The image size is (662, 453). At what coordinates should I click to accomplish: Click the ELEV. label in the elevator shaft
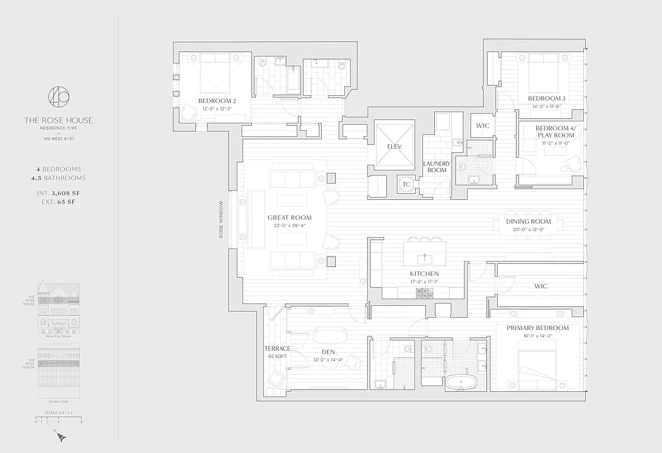point(395,146)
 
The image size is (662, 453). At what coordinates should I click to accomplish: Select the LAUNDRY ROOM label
point(437,166)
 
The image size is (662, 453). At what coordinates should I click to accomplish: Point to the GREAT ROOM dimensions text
point(289,225)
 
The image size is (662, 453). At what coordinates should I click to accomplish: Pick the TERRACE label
point(277,348)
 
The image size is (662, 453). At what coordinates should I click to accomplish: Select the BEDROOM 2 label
point(217,101)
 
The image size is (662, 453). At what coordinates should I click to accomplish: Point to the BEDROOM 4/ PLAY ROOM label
point(554,131)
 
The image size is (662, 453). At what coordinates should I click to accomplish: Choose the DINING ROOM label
point(528,221)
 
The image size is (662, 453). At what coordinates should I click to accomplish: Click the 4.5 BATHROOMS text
point(58,178)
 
